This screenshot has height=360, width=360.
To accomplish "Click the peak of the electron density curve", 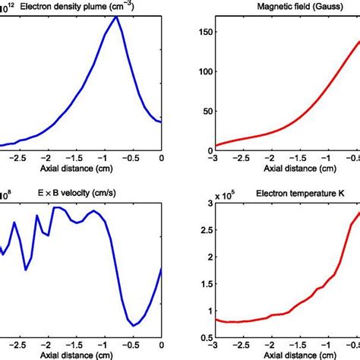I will (x=116, y=16).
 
